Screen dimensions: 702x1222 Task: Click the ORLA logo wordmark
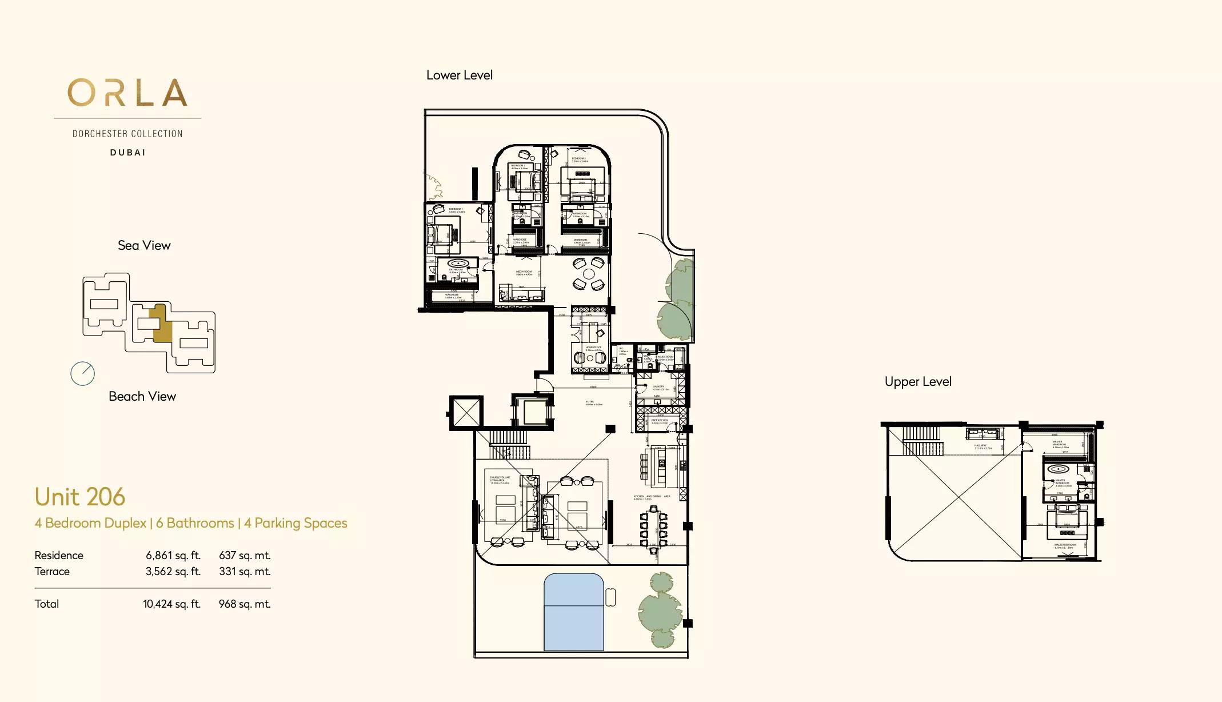tap(127, 93)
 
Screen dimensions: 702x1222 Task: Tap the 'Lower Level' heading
tap(459, 75)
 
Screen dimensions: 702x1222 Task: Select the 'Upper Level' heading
tap(917, 381)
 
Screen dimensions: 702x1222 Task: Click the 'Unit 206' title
tap(79, 497)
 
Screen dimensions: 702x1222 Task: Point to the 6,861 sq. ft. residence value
tap(173, 555)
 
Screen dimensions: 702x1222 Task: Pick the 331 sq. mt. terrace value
tap(245, 571)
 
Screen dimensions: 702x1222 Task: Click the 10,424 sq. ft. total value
tap(171, 604)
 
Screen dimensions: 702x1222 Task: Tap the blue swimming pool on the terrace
tap(573, 612)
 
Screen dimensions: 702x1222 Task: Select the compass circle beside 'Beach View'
tap(82, 374)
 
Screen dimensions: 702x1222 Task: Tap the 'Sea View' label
tap(144, 245)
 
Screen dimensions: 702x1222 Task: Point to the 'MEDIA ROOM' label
tap(524, 272)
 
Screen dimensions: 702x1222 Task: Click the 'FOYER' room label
tap(590, 402)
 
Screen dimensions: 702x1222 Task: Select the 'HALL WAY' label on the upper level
tap(980, 445)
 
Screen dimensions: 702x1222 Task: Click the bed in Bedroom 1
tap(442, 234)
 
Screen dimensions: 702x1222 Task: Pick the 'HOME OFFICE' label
tap(593, 348)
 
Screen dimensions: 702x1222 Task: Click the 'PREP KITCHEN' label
tap(659, 420)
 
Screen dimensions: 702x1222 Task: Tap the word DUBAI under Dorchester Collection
tap(127, 153)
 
